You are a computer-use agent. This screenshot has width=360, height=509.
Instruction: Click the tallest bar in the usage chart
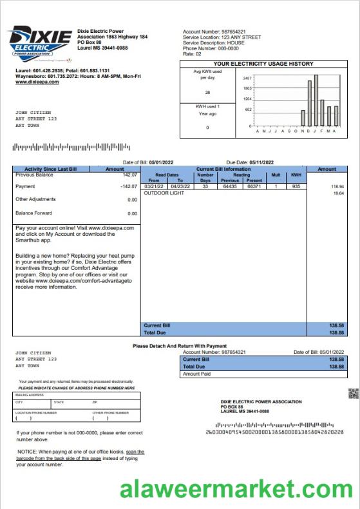316,101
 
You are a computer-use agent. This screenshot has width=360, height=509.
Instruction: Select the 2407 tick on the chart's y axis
247,77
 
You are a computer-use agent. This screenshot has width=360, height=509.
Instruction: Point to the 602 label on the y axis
249,110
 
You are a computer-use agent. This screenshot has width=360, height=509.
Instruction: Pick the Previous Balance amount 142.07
129,175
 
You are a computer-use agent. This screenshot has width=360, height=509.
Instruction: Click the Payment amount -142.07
129,186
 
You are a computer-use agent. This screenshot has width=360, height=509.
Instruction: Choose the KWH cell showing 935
296,186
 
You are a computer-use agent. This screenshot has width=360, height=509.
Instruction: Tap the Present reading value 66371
254,186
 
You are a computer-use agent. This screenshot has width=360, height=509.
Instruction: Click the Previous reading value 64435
230,186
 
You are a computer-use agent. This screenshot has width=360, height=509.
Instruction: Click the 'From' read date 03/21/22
153,186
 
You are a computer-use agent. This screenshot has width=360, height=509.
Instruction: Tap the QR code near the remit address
352,394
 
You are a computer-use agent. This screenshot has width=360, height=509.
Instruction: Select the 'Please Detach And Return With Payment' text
180,346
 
